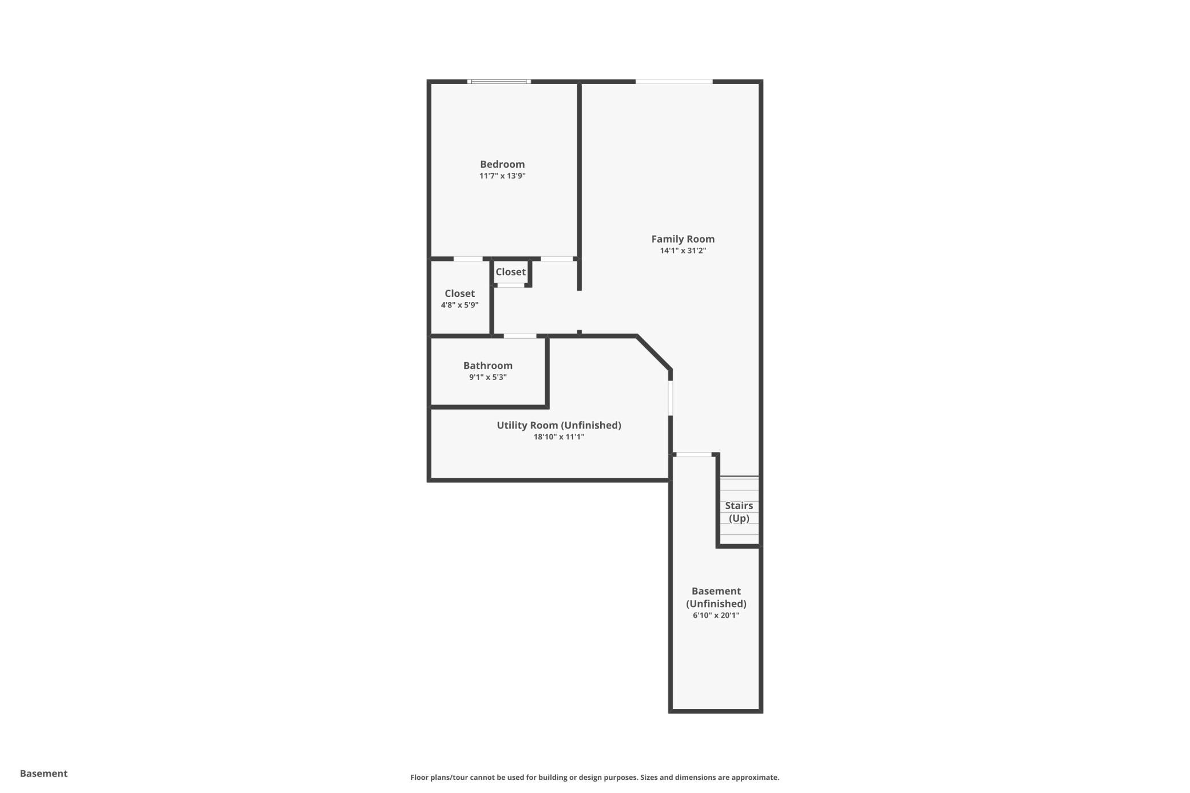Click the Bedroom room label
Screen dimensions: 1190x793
[x=502, y=164]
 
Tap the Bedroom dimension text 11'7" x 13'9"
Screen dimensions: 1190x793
[x=502, y=176]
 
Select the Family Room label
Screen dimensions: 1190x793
[x=683, y=239]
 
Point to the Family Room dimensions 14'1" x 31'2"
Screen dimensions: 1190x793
[x=683, y=251]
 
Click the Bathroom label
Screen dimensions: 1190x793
[x=487, y=366]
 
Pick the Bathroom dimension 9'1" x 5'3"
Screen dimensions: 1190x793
[x=487, y=377]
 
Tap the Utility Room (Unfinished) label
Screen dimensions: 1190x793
[x=558, y=425]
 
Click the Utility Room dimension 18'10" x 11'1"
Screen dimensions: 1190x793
[x=558, y=437]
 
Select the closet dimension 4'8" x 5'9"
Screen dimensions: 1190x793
[x=459, y=305]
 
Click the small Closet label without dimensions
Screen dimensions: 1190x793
[x=510, y=272]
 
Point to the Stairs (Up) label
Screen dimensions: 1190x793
[x=739, y=512]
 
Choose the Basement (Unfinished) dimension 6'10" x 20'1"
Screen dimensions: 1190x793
[x=716, y=616]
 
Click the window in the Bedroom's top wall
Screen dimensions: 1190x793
[x=499, y=82]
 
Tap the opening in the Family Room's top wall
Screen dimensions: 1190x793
[x=674, y=82]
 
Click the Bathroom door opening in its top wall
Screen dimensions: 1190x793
[x=519, y=336]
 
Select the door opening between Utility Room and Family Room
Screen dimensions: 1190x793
[x=671, y=398]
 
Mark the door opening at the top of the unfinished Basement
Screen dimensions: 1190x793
[x=694, y=455]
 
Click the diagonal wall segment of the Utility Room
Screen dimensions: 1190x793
[x=654, y=353]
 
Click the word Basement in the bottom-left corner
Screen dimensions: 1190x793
[x=43, y=774]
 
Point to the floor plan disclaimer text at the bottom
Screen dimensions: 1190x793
[x=594, y=778]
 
